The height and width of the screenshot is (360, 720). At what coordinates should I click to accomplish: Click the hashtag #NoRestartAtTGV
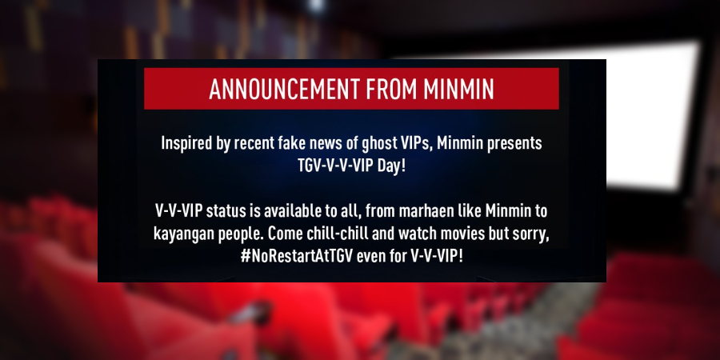[296, 256]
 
